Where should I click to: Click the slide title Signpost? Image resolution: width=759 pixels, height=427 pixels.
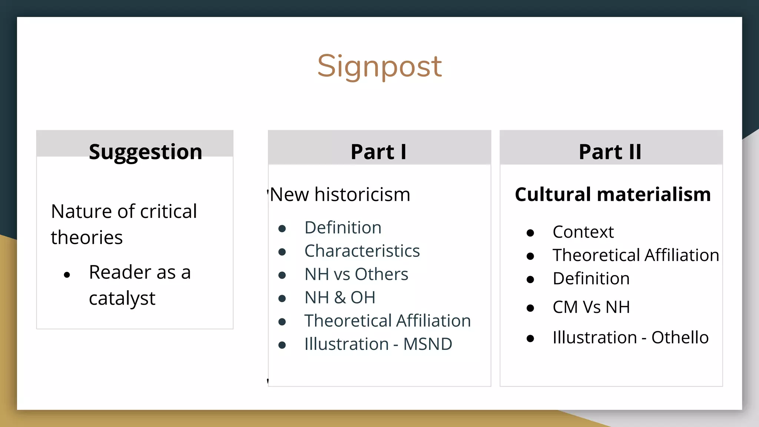[x=379, y=66]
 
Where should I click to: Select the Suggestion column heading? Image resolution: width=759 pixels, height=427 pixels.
[x=146, y=152]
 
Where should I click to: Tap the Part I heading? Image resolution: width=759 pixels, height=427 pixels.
[x=379, y=152]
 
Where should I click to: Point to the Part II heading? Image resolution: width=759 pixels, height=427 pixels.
[x=610, y=152]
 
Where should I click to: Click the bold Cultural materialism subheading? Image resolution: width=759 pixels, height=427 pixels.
[x=613, y=195]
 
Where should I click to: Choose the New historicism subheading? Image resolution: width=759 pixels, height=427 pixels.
[x=340, y=195]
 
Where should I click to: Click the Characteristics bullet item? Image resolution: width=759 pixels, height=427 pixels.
[x=362, y=251]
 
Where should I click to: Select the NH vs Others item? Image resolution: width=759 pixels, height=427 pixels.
[x=356, y=274]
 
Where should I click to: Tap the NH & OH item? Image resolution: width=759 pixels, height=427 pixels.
[x=340, y=298]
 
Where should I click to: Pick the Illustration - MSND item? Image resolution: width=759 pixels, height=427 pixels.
[x=378, y=344]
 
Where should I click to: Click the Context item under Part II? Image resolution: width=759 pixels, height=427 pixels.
[x=583, y=232]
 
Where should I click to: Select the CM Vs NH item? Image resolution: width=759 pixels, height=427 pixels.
[x=591, y=307]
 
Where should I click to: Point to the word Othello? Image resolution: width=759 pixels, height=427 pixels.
[x=680, y=337]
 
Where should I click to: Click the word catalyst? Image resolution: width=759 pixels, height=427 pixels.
[x=122, y=298]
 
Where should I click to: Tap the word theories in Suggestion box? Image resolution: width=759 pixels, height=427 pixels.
[x=87, y=238]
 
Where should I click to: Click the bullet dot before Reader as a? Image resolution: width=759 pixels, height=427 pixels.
[x=67, y=275]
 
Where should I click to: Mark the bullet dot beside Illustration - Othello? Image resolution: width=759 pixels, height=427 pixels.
[x=530, y=338]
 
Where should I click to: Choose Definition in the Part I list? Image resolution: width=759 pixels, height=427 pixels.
[x=343, y=228]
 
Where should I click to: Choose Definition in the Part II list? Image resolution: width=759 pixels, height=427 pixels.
[x=591, y=278]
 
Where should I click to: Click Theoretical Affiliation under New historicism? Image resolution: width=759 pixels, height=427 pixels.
[x=387, y=321]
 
